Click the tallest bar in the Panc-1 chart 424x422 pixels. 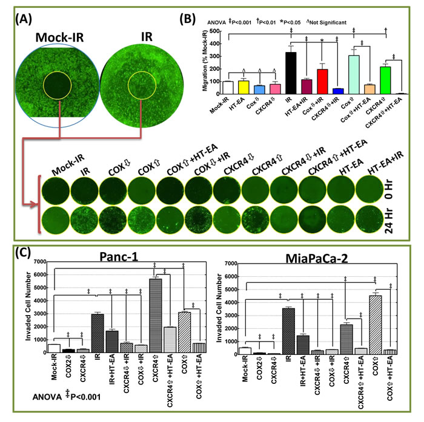pos(155,315)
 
